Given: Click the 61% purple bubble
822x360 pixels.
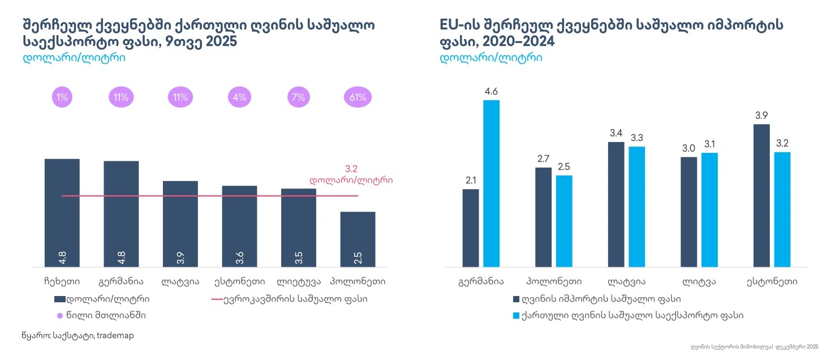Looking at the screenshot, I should [358, 97].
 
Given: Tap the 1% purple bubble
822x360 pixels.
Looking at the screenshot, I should [62, 97].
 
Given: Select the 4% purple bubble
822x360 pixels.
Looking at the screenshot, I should [239, 97].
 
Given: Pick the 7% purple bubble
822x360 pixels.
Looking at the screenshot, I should [299, 97].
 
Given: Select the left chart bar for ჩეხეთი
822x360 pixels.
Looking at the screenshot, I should [62, 212].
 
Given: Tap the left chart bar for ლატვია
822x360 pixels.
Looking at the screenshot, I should [180, 224].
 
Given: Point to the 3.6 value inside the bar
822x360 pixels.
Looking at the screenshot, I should [239, 258].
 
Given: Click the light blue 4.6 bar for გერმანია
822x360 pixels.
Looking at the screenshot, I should [492, 183].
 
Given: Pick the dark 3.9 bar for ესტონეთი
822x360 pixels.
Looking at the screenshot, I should [762, 195].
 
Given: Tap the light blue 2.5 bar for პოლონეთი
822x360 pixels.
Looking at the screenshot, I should [564, 221].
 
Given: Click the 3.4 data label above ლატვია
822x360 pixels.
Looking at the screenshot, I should [616, 134].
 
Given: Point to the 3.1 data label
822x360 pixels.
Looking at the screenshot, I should [709, 144].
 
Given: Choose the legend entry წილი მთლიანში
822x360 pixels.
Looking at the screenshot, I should [105, 315].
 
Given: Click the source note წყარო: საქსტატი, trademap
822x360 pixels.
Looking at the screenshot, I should [78, 336].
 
